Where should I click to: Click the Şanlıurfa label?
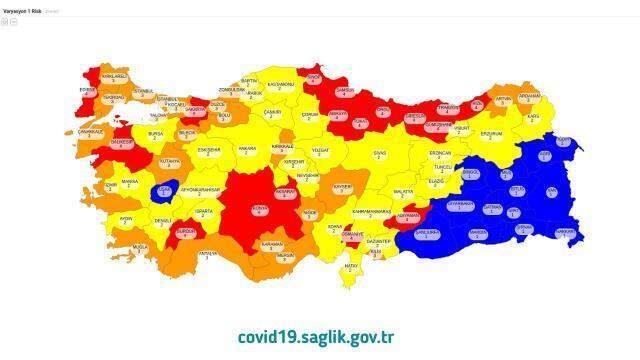pos(426,231)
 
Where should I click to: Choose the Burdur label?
pos(186,229)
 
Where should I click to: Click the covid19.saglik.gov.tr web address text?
pos(319,336)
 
